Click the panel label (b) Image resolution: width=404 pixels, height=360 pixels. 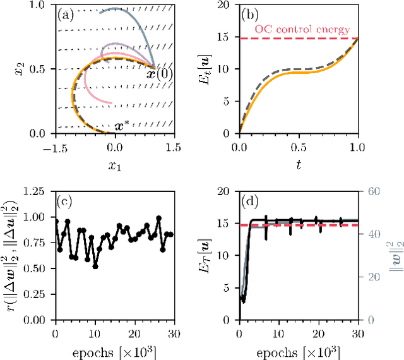click(252, 15)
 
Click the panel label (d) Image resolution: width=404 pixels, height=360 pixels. click(252, 203)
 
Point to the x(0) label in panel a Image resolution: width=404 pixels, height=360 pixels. click(162, 73)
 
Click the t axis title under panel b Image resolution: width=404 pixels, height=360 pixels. click(298, 166)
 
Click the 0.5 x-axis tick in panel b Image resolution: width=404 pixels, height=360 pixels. click(298, 147)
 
